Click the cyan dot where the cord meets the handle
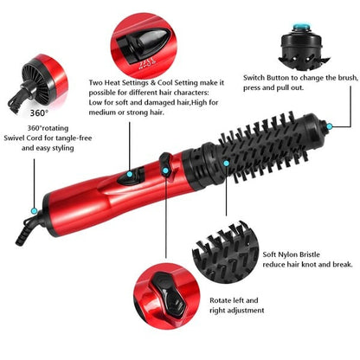(x=33, y=209)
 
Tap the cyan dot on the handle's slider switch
(x=131, y=170)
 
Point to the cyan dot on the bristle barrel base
(x=225, y=161)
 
